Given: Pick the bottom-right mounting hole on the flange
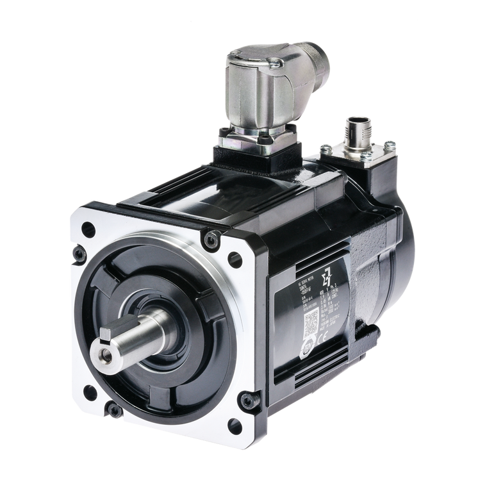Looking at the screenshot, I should [x=235, y=425].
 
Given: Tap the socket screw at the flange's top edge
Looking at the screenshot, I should [x=211, y=240].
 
